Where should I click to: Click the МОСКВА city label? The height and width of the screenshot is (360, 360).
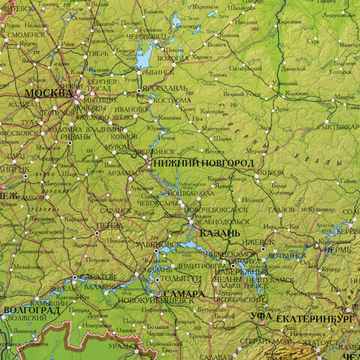(49, 93)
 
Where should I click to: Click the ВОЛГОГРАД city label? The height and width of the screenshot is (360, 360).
(31, 309)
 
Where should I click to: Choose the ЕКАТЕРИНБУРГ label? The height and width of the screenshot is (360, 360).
(314, 319)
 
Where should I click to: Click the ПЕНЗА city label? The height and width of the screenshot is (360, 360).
(109, 224)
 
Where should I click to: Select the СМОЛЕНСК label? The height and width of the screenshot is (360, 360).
(25, 34)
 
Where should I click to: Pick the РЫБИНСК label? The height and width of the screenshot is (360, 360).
(157, 72)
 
